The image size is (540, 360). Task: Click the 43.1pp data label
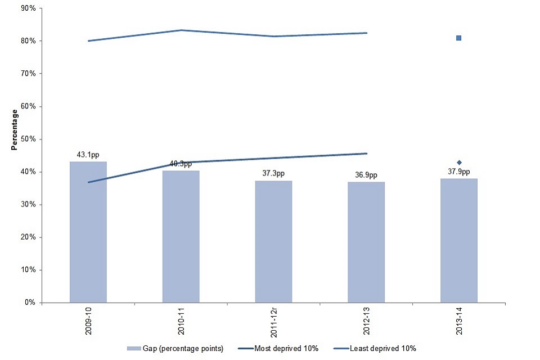click(88, 155)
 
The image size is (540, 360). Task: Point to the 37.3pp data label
click(273, 174)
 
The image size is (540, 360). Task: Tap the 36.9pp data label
click(366, 175)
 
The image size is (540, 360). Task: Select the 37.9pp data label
click(458, 172)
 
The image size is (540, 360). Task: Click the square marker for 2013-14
click(458, 38)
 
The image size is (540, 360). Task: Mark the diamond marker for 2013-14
click(459, 163)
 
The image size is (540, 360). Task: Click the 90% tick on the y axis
click(28, 8)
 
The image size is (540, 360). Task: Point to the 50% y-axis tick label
click(28, 139)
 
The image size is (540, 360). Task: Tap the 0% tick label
click(30, 302)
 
